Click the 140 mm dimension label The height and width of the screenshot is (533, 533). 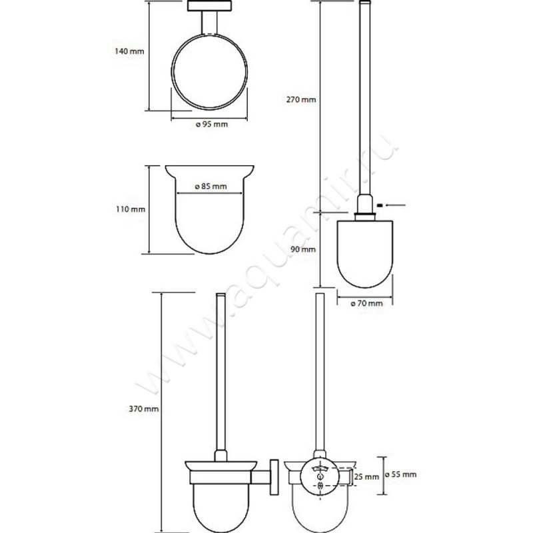tap(129, 51)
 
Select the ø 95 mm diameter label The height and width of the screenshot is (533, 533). tap(212, 124)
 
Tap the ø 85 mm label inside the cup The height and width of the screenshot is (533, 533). tap(211, 187)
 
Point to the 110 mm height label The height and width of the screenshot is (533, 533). tap(130, 209)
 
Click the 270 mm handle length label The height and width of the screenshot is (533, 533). tap(301, 99)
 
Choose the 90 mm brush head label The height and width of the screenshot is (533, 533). tap(303, 249)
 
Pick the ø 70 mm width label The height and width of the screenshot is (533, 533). tap(367, 303)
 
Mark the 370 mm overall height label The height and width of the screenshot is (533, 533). tap(143, 409)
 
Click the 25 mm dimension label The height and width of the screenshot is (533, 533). tap(366, 477)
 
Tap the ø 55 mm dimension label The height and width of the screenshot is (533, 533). tap(401, 474)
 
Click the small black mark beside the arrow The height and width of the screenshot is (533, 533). tap(380, 205)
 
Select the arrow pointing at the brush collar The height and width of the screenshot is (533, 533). tap(396, 205)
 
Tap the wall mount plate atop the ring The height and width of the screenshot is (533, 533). tap(209, 6)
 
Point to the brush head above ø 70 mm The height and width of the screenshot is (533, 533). tap(364, 254)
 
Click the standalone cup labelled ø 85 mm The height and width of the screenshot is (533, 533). tap(209, 209)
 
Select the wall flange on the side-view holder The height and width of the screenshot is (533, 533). tap(274, 477)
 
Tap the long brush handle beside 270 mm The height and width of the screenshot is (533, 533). tap(364, 102)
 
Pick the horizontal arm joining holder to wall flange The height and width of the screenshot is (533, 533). tap(261, 477)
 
